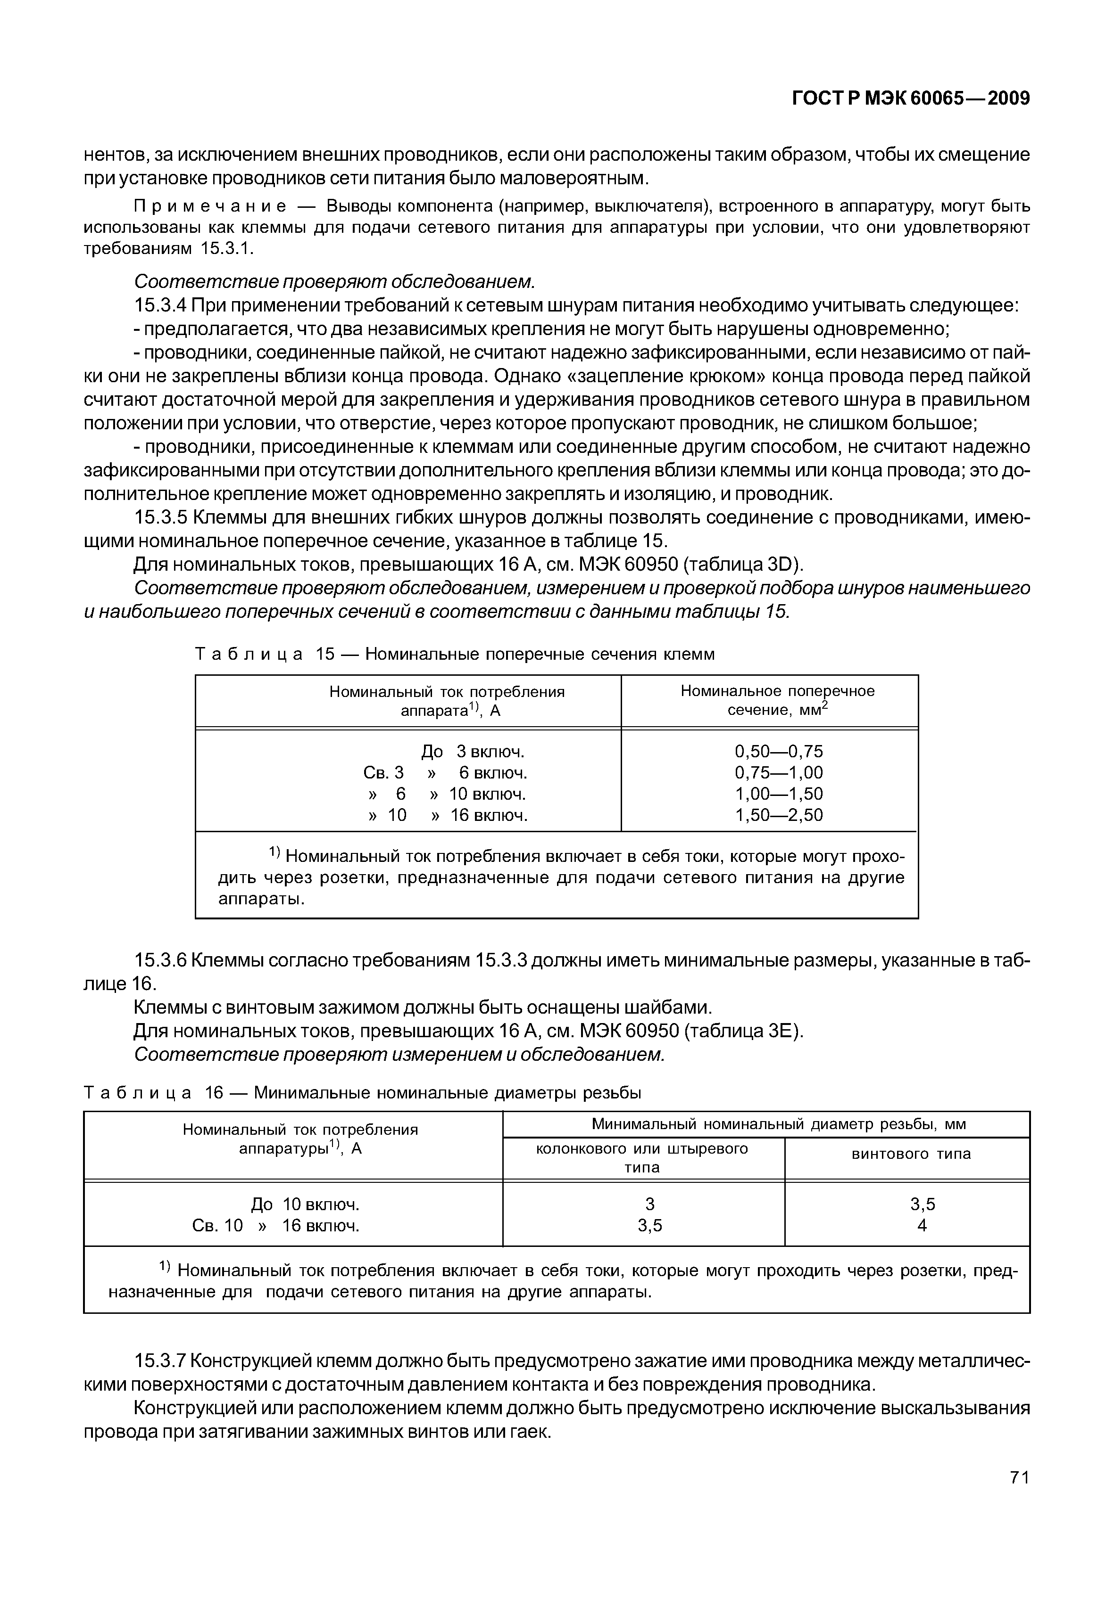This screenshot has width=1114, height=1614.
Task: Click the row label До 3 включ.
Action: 473,752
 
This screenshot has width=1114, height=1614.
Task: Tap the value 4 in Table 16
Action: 922,1226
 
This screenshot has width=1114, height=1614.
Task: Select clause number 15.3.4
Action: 160,305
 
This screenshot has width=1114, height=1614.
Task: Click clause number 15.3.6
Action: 160,961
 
